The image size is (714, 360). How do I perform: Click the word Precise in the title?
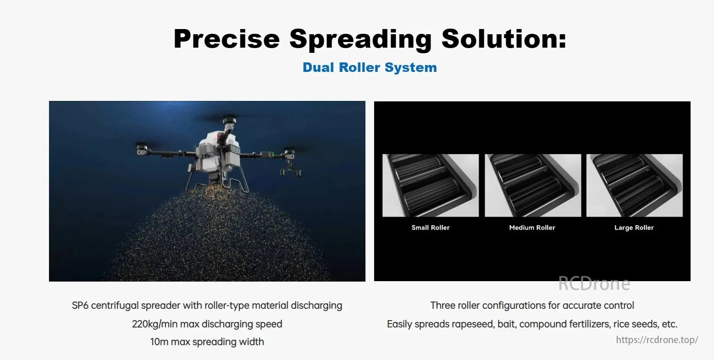pyautogui.click(x=227, y=39)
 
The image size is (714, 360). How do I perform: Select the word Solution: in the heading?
pyautogui.click(x=504, y=39)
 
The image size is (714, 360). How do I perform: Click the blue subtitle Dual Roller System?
pyautogui.click(x=370, y=67)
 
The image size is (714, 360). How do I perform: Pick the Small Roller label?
pyautogui.click(x=430, y=227)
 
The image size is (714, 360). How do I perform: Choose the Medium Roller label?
pyautogui.click(x=532, y=227)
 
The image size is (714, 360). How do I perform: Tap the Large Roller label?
pyautogui.click(x=634, y=227)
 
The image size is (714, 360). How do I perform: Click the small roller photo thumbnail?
pyautogui.click(x=430, y=185)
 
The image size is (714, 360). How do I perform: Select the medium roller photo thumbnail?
pyautogui.click(x=533, y=185)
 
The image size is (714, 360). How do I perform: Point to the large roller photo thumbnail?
pyautogui.click(x=634, y=185)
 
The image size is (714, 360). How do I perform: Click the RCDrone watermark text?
pyautogui.click(x=594, y=284)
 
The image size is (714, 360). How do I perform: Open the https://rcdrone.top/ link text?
pyautogui.click(x=657, y=340)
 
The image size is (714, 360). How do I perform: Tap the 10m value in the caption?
pyautogui.click(x=159, y=342)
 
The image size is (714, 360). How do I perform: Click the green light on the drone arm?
pyautogui.click(x=273, y=155)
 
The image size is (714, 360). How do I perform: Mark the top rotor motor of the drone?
pyautogui.click(x=229, y=121)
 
